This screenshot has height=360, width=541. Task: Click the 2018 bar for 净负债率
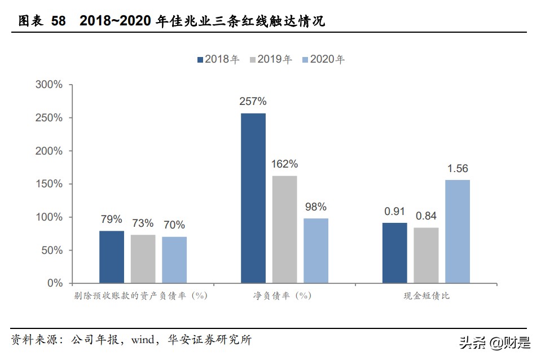(253, 197)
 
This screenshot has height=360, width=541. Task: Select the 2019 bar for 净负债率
(284, 229)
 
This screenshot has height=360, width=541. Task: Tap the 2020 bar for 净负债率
(316, 250)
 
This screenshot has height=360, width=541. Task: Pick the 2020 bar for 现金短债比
(458, 231)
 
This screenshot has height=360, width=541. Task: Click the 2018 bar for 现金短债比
(395, 252)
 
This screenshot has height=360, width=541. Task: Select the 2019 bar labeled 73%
(143, 258)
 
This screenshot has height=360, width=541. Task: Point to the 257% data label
(253, 102)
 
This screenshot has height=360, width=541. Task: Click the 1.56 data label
(458, 168)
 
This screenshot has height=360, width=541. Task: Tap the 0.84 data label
(426, 216)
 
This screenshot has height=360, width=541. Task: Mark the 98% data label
(316, 207)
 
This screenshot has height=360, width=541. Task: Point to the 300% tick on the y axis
(49, 85)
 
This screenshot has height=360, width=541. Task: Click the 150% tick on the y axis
(49, 184)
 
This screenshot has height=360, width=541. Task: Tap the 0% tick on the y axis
(55, 283)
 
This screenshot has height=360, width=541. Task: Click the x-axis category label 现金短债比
(426, 296)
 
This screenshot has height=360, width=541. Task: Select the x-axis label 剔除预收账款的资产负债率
(140, 296)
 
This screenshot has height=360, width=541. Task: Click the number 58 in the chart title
(59, 21)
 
